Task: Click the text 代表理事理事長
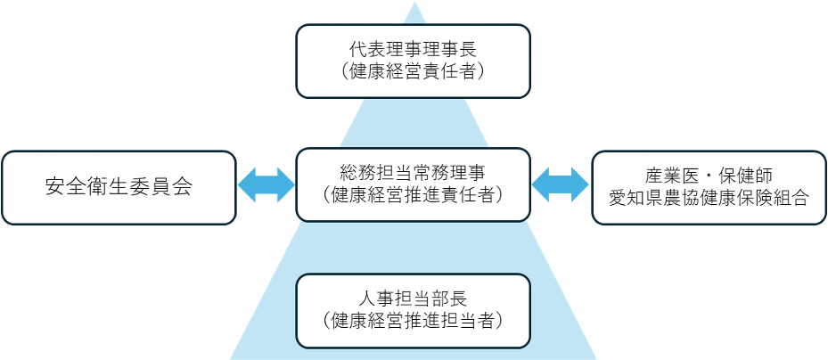pyautogui.click(x=413, y=50)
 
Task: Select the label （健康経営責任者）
pyautogui.click(x=413, y=72)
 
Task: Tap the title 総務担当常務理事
pyautogui.click(x=413, y=170)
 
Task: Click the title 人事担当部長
pyautogui.click(x=413, y=297)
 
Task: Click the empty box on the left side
pyautogui.click(x=119, y=187)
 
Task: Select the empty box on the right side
pyautogui.click(x=709, y=187)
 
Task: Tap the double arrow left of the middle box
pyautogui.click(x=266, y=185)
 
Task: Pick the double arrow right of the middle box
pyautogui.click(x=561, y=185)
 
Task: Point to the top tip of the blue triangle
pyautogui.click(x=413, y=4)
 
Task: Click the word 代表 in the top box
pyautogui.click(x=365, y=50)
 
